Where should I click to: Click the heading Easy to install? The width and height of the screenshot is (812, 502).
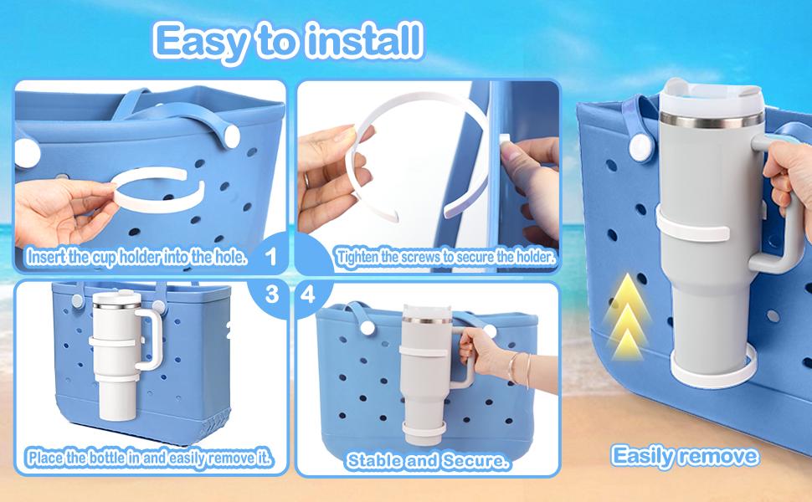[x=289, y=41]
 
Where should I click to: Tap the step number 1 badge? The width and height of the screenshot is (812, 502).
[x=270, y=256]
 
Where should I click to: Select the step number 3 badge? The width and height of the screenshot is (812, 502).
[x=272, y=295]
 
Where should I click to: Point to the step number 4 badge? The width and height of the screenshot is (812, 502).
[x=307, y=295]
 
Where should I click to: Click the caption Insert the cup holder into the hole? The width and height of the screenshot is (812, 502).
[x=136, y=257]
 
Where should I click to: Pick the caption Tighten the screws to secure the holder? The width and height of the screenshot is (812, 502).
[x=445, y=257]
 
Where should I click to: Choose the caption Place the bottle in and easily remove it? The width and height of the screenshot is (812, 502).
[x=149, y=458]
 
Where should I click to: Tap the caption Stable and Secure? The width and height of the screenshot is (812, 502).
[x=427, y=461]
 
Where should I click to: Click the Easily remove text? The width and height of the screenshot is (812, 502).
[x=685, y=456]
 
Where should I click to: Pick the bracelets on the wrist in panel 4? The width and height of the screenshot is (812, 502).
[x=519, y=368]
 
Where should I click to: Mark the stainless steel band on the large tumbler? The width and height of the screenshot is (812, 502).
[x=712, y=120]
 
